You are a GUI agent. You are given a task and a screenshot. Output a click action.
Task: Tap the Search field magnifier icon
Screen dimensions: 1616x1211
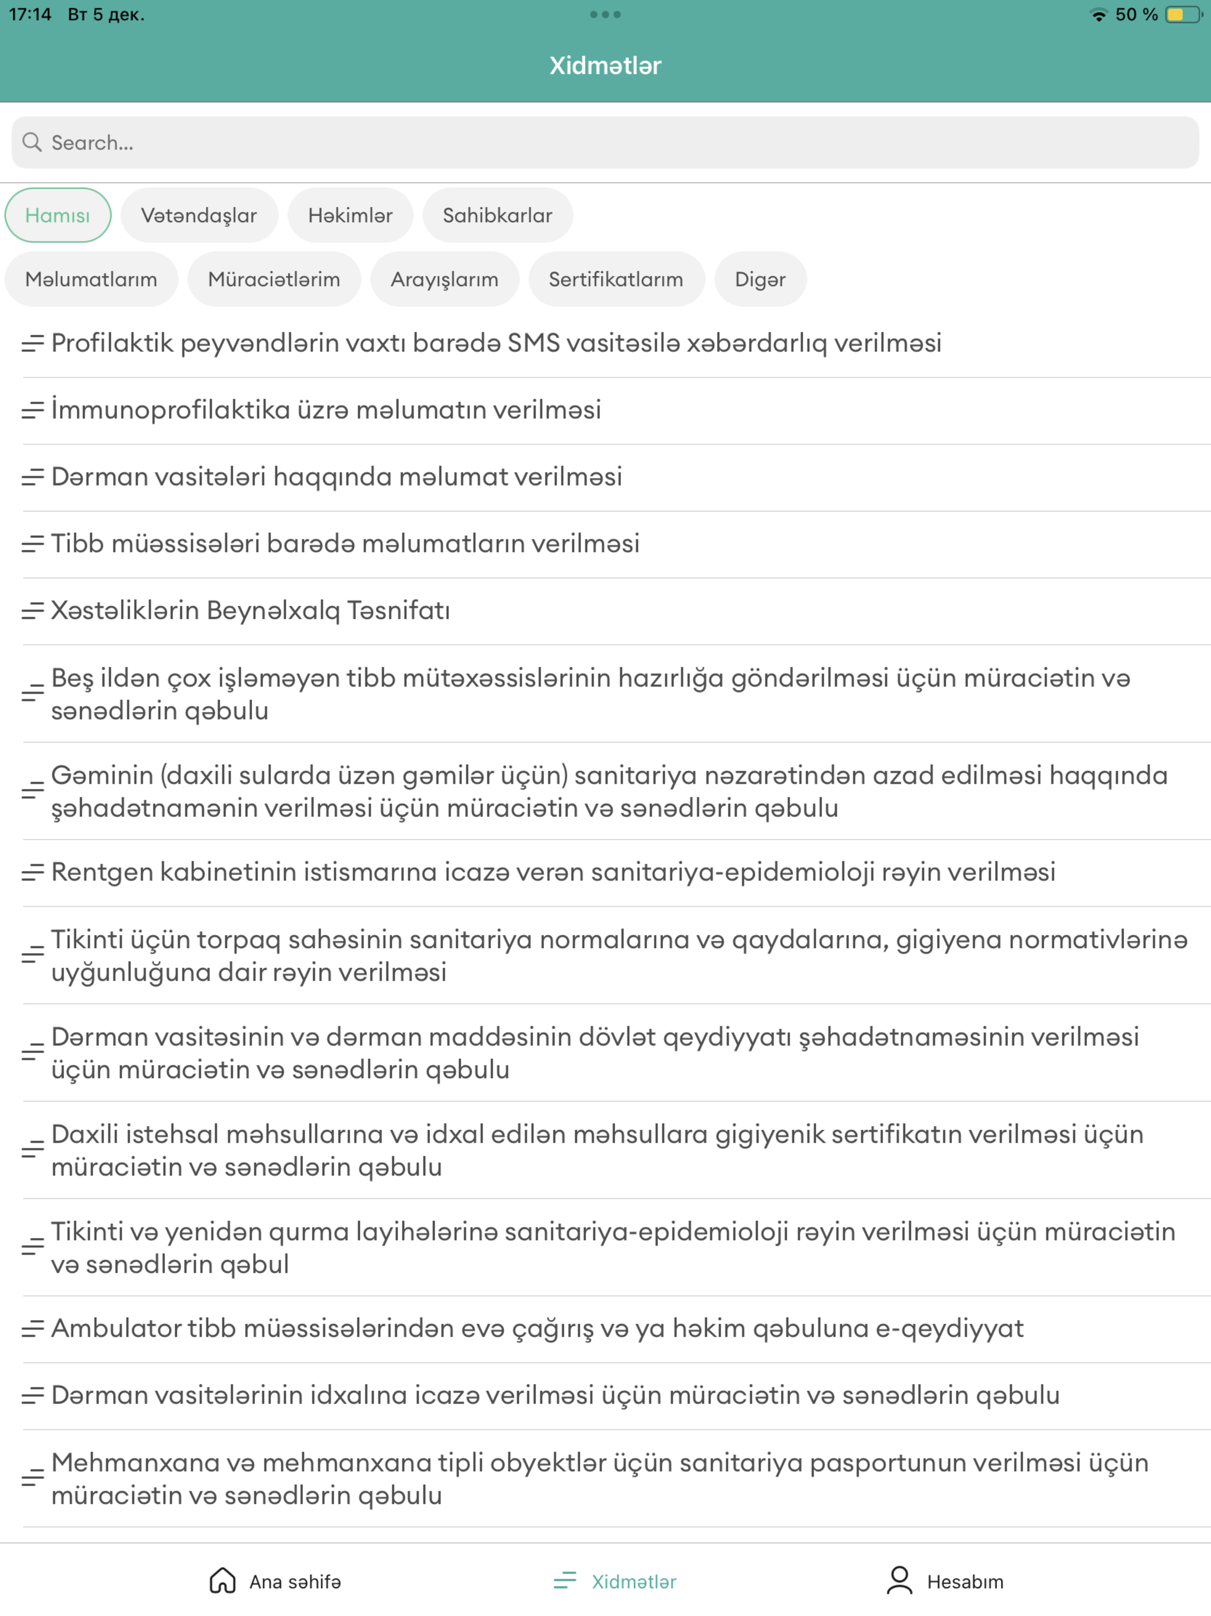pyautogui.click(x=31, y=142)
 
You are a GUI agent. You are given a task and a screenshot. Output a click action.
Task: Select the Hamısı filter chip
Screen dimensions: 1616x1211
pyautogui.click(x=58, y=215)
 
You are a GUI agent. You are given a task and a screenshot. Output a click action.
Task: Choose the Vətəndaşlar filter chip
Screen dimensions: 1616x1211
pyautogui.click(x=199, y=215)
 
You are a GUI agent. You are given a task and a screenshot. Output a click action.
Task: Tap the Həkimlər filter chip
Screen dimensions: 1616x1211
pyautogui.click(x=350, y=215)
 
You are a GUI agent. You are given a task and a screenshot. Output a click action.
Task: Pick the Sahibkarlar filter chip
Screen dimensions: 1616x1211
pyautogui.click(x=497, y=215)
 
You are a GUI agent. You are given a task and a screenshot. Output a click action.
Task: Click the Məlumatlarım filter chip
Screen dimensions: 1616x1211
pyautogui.click(x=91, y=279)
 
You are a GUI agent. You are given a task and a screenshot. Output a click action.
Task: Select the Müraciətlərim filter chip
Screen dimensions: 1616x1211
pyautogui.click(x=274, y=279)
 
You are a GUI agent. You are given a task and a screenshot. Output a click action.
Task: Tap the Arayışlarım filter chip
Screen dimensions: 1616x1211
pyautogui.click(x=444, y=279)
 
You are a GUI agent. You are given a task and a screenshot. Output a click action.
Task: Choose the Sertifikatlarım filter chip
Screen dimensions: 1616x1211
pyautogui.click(x=616, y=279)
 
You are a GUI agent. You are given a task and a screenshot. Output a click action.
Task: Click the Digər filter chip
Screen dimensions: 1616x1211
pyautogui.click(x=760, y=279)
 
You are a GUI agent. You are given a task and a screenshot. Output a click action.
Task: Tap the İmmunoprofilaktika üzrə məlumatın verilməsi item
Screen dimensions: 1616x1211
pyautogui.click(x=326, y=411)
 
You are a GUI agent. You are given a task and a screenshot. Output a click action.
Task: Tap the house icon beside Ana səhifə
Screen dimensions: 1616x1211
pyautogui.click(x=222, y=1581)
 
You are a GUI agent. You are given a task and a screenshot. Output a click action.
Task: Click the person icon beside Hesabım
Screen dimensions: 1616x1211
pyautogui.click(x=899, y=1581)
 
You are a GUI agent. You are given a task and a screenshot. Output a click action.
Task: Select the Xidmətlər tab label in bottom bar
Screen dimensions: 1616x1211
pyautogui.click(x=633, y=1582)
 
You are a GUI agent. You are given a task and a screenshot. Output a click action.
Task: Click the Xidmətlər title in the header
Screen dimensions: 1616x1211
pyautogui.click(x=605, y=66)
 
